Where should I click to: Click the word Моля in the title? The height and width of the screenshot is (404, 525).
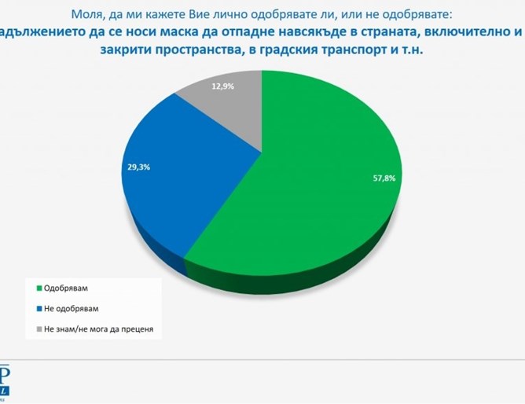click(x=89, y=13)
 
